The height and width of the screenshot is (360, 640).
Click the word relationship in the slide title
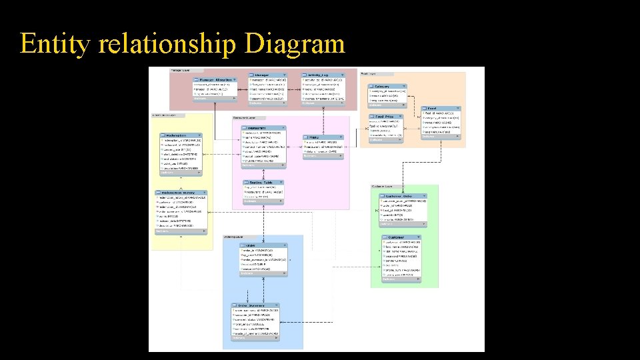coord(167,44)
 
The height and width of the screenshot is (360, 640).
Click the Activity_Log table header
coord(323,75)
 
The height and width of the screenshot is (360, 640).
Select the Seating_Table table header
coord(264,182)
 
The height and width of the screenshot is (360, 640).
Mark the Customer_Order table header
coord(402,196)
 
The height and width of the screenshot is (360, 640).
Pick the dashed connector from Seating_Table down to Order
coord(265,220)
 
